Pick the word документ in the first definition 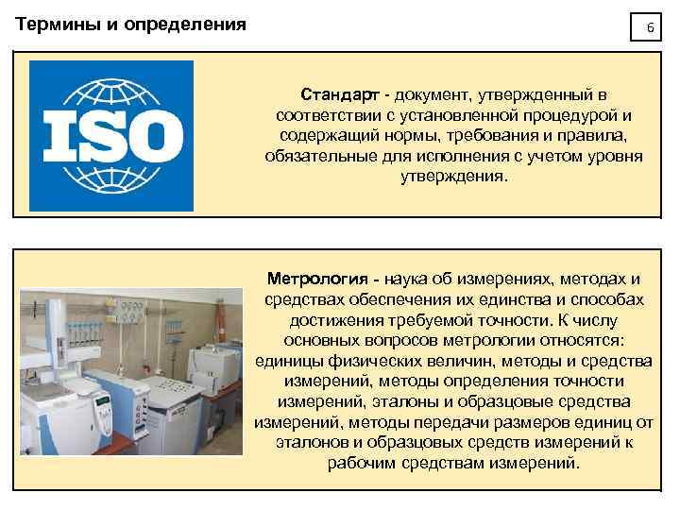[x=435, y=95]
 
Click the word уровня [x=615, y=156]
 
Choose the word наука [x=408, y=279]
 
